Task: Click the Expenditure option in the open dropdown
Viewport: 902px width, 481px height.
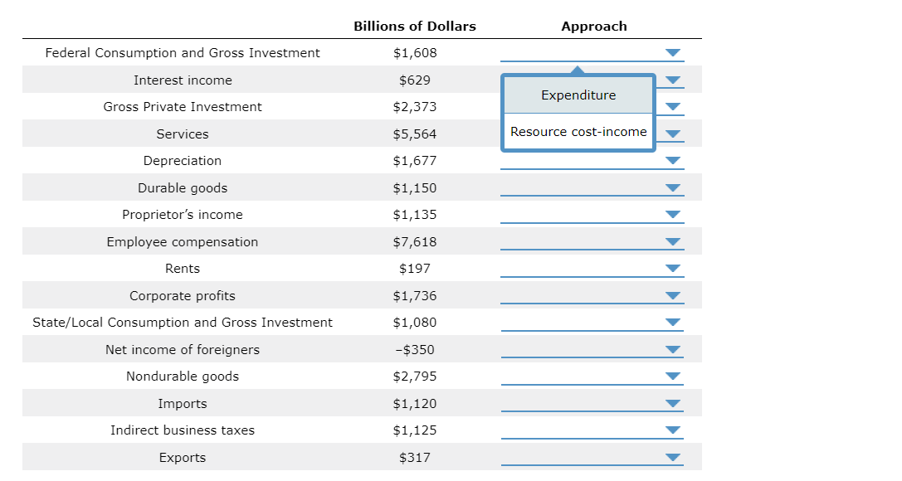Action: click(x=578, y=95)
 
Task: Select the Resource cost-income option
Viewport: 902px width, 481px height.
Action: click(x=578, y=132)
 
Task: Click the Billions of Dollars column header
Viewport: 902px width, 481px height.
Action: click(x=415, y=27)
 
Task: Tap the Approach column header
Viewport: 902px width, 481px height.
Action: click(x=594, y=27)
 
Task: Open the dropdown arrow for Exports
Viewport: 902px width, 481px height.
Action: click(x=673, y=458)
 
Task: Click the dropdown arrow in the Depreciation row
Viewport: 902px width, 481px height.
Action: click(x=673, y=161)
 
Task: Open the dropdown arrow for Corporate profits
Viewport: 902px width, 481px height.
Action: click(x=673, y=296)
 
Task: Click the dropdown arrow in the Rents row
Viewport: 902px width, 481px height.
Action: click(x=673, y=269)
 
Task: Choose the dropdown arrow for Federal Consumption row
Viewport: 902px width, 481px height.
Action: click(x=673, y=53)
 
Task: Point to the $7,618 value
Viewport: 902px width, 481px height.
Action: click(x=415, y=242)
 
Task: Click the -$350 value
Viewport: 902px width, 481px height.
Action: click(x=415, y=350)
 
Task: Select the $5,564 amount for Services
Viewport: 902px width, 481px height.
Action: click(x=415, y=134)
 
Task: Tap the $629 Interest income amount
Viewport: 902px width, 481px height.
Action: click(x=415, y=80)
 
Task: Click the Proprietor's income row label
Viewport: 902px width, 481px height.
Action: click(x=183, y=215)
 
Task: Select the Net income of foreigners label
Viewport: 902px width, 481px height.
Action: click(x=183, y=350)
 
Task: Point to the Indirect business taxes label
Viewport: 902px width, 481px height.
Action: click(x=183, y=430)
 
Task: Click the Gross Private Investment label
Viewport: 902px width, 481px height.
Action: click(x=183, y=107)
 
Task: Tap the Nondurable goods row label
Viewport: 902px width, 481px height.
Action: click(x=183, y=377)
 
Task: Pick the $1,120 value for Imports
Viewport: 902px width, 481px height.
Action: click(x=415, y=404)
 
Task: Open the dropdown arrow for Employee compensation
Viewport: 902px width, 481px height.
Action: click(x=673, y=242)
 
